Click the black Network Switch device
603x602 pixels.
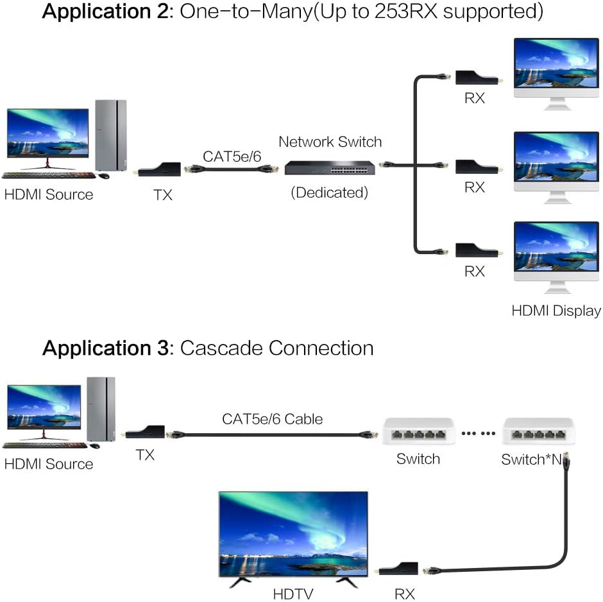(330, 169)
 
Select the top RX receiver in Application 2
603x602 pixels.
(476, 79)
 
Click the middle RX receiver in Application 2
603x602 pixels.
(476, 166)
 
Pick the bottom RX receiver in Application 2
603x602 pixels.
(476, 250)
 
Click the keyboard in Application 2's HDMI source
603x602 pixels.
(48, 175)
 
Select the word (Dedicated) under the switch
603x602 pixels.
(330, 192)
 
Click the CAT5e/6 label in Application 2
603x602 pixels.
(231, 156)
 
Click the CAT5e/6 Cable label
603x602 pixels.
(273, 419)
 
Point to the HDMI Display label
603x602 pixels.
(556, 311)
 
